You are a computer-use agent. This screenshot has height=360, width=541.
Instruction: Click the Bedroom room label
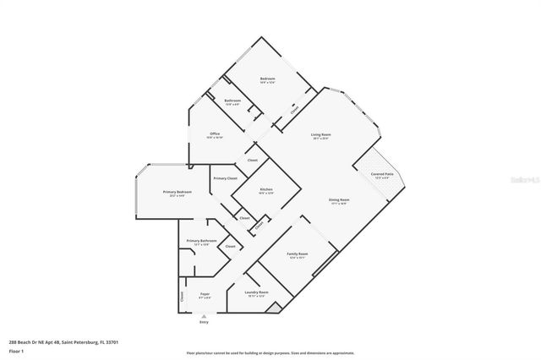tap(267, 79)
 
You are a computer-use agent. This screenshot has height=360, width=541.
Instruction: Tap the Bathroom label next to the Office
tap(232, 101)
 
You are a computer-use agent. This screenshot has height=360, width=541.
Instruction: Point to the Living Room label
tap(320, 134)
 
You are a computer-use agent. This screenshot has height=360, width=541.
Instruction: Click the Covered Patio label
tap(381, 174)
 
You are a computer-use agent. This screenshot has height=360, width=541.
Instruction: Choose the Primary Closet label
tap(225, 178)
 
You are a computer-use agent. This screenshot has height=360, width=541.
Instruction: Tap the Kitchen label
tap(266, 188)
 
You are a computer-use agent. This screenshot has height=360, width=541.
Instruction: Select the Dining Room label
tap(339, 200)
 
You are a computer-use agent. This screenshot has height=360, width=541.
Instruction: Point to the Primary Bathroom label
tap(203, 241)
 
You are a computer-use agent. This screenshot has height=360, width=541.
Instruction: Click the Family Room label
tap(297, 254)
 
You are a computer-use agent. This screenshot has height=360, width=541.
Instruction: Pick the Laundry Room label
tap(256, 292)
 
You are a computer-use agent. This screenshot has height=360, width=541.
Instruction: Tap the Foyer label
tap(205, 295)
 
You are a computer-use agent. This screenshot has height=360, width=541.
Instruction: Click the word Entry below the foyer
tap(204, 322)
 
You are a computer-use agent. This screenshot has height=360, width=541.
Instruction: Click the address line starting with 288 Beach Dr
tap(51, 342)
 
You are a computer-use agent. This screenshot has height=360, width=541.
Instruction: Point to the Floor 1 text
tap(16, 350)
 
